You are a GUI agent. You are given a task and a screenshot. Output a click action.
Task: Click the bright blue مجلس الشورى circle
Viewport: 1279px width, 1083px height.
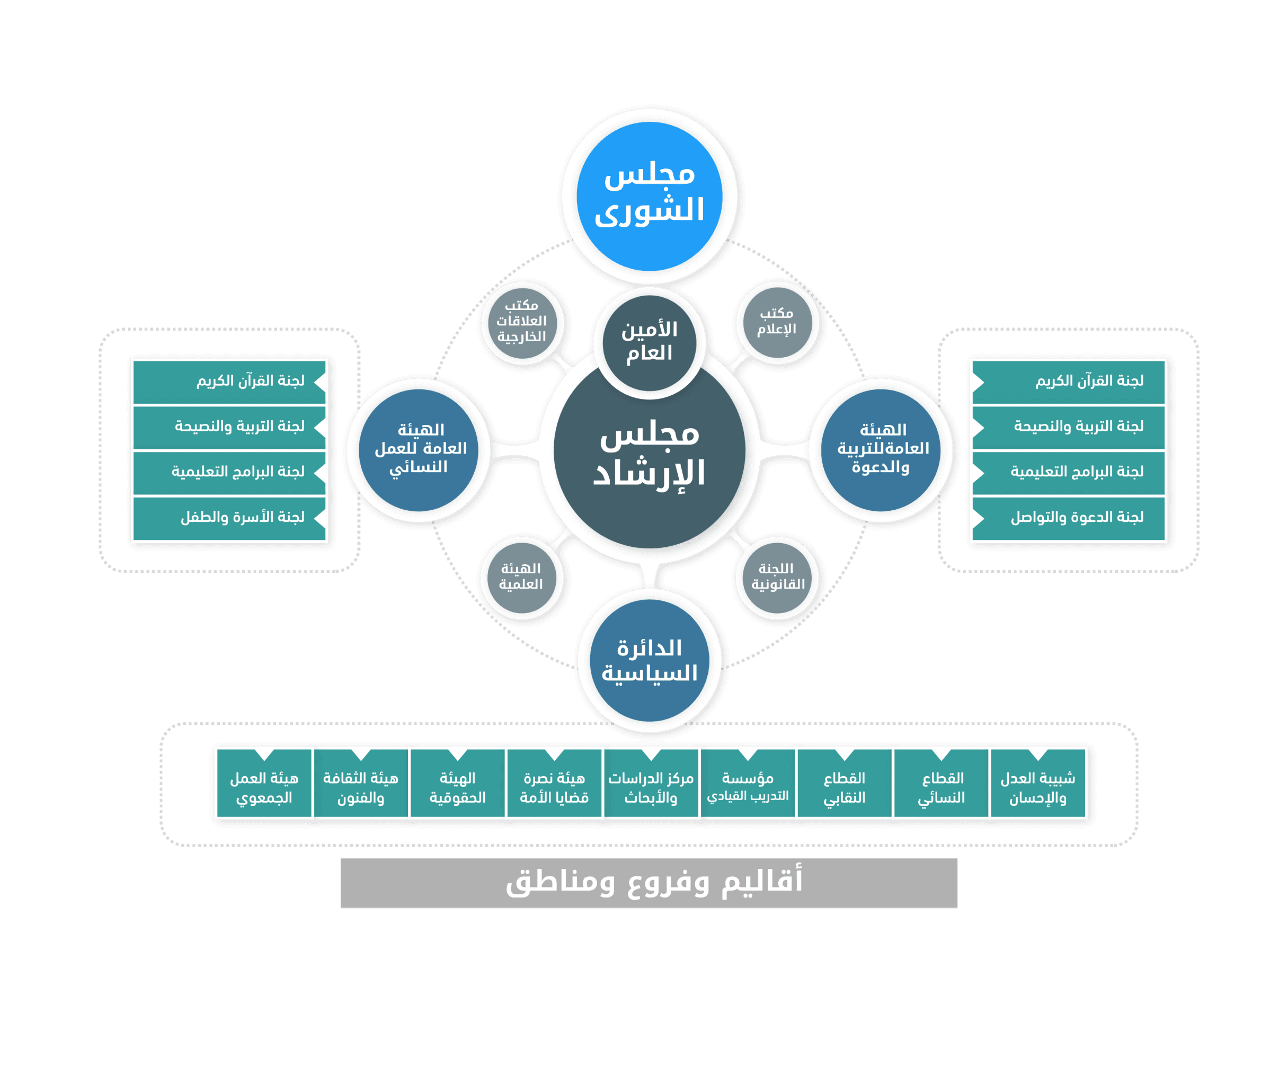point(649,195)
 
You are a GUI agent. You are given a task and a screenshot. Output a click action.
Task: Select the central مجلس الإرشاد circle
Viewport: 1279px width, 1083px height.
point(649,454)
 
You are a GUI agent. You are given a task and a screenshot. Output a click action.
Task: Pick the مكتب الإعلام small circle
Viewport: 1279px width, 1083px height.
point(776,322)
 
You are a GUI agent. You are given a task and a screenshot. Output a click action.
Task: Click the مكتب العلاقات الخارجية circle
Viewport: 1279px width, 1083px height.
point(521,322)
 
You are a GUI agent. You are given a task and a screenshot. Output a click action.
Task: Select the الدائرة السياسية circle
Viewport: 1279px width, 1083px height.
point(649,661)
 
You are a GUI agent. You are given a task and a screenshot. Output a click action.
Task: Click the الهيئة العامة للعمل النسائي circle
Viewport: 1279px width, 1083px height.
point(420,449)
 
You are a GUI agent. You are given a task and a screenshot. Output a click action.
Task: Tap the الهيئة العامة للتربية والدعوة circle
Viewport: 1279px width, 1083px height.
point(882,449)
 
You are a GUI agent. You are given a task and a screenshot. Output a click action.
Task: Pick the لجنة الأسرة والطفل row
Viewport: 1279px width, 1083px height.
point(229,518)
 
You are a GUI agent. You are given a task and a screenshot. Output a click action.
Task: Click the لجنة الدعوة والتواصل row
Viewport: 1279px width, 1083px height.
point(1068,518)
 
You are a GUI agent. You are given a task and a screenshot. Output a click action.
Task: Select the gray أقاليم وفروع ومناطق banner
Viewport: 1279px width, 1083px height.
point(649,883)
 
